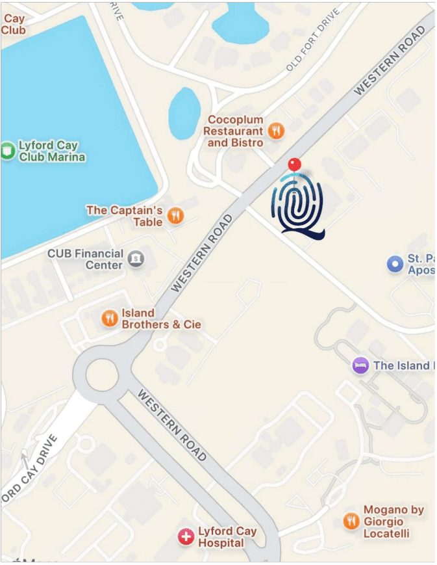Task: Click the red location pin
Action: coord(295,164)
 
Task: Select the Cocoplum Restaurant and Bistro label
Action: coord(234,131)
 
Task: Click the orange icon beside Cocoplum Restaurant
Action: coord(277,130)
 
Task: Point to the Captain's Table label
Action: coord(124,216)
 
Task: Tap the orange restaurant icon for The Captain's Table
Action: coord(175,215)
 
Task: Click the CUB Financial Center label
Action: coord(85,259)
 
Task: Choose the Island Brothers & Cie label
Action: coord(161,319)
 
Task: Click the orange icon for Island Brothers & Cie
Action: coord(109,318)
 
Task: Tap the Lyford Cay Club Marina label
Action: coord(52,151)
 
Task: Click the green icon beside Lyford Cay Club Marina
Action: coord(7,151)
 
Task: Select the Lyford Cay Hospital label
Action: coord(227,537)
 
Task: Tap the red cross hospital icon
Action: coord(186,537)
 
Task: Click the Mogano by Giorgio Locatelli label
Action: coord(393,521)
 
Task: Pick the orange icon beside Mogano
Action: coord(351,521)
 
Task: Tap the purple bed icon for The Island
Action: coord(361,365)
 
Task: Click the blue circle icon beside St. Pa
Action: coord(395,264)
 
